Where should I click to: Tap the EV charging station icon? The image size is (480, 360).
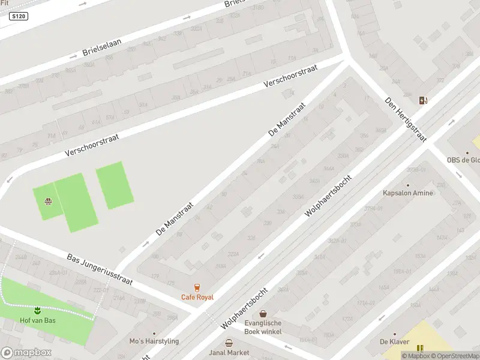(424, 100)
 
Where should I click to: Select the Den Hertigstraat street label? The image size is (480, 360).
(406, 120)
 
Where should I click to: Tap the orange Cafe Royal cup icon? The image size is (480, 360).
(197, 287)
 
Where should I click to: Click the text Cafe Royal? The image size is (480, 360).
(197, 297)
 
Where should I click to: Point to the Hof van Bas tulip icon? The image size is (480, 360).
(37, 310)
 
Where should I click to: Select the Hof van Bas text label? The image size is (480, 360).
(37, 320)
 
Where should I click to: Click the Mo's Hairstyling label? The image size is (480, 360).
(154, 341)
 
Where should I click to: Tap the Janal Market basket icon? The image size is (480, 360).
(229, 343)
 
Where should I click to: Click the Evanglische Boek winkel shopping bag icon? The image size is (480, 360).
(263, 313)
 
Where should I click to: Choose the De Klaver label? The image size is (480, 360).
(394, 342)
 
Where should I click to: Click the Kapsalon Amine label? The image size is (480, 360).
(408, 193)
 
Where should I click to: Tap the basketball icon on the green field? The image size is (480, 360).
(47, 201)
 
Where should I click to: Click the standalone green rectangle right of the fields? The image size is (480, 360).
(115, 185)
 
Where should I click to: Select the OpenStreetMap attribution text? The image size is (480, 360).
(454, 356)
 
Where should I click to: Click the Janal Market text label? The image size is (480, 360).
(229, 353)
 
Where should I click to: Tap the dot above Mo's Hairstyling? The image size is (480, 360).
(154, 334)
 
